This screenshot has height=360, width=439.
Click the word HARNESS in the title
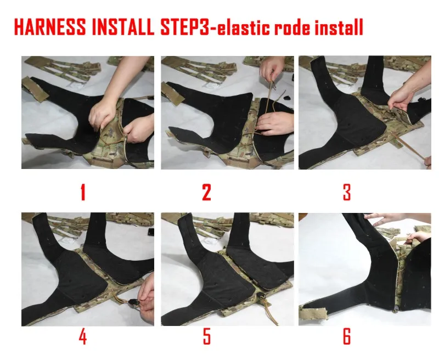pos(50,27)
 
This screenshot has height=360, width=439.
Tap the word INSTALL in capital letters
pos(123,27)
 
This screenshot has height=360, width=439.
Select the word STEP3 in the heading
pos(184,27)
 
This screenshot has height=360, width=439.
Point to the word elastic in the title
pos(243,27)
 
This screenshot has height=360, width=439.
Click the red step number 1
pos(83,192)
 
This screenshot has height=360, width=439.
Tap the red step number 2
pos(206,192)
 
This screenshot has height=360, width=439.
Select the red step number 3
pos(347,192)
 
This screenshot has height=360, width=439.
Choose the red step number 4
pos(83,336)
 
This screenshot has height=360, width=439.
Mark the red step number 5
pos(207,336)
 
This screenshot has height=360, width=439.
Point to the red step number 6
pos(347,336)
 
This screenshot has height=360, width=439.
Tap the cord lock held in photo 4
pos(133,302)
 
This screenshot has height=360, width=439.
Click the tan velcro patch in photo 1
pos(36,89)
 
